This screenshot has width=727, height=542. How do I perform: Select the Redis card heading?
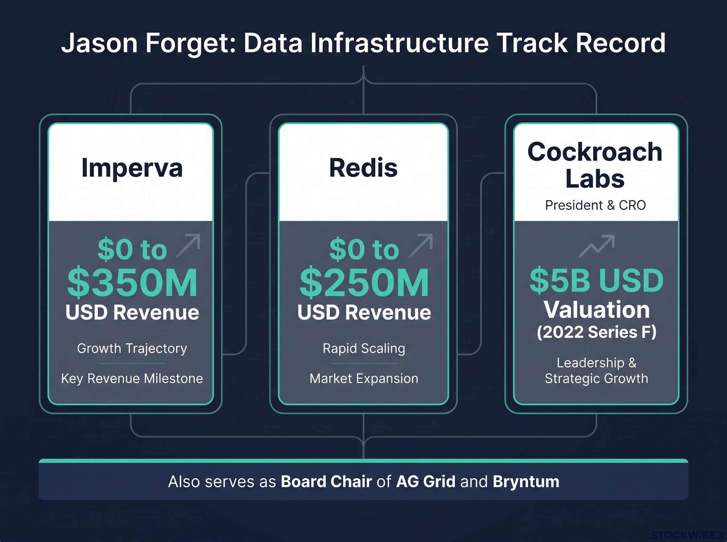363,168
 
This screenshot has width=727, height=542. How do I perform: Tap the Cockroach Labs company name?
595,165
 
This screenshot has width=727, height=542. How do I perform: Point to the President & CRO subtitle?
595,205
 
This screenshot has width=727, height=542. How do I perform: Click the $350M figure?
132,282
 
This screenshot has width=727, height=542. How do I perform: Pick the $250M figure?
364,282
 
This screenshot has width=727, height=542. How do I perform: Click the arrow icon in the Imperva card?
188,245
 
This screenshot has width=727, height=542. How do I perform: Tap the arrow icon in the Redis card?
420,245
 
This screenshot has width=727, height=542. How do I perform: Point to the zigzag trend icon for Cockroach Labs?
596,246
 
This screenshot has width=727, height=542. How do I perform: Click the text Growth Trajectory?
132,348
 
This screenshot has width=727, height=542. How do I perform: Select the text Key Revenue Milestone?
132,379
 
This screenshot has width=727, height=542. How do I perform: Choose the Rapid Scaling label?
364,348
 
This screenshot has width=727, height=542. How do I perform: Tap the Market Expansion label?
364,379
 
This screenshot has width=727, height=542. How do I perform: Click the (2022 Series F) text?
596,332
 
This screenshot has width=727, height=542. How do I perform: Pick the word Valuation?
596,310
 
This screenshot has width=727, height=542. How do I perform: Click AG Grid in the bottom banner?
426,482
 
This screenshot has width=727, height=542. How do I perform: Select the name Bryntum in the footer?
526,482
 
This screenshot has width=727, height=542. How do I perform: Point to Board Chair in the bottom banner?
326,482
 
